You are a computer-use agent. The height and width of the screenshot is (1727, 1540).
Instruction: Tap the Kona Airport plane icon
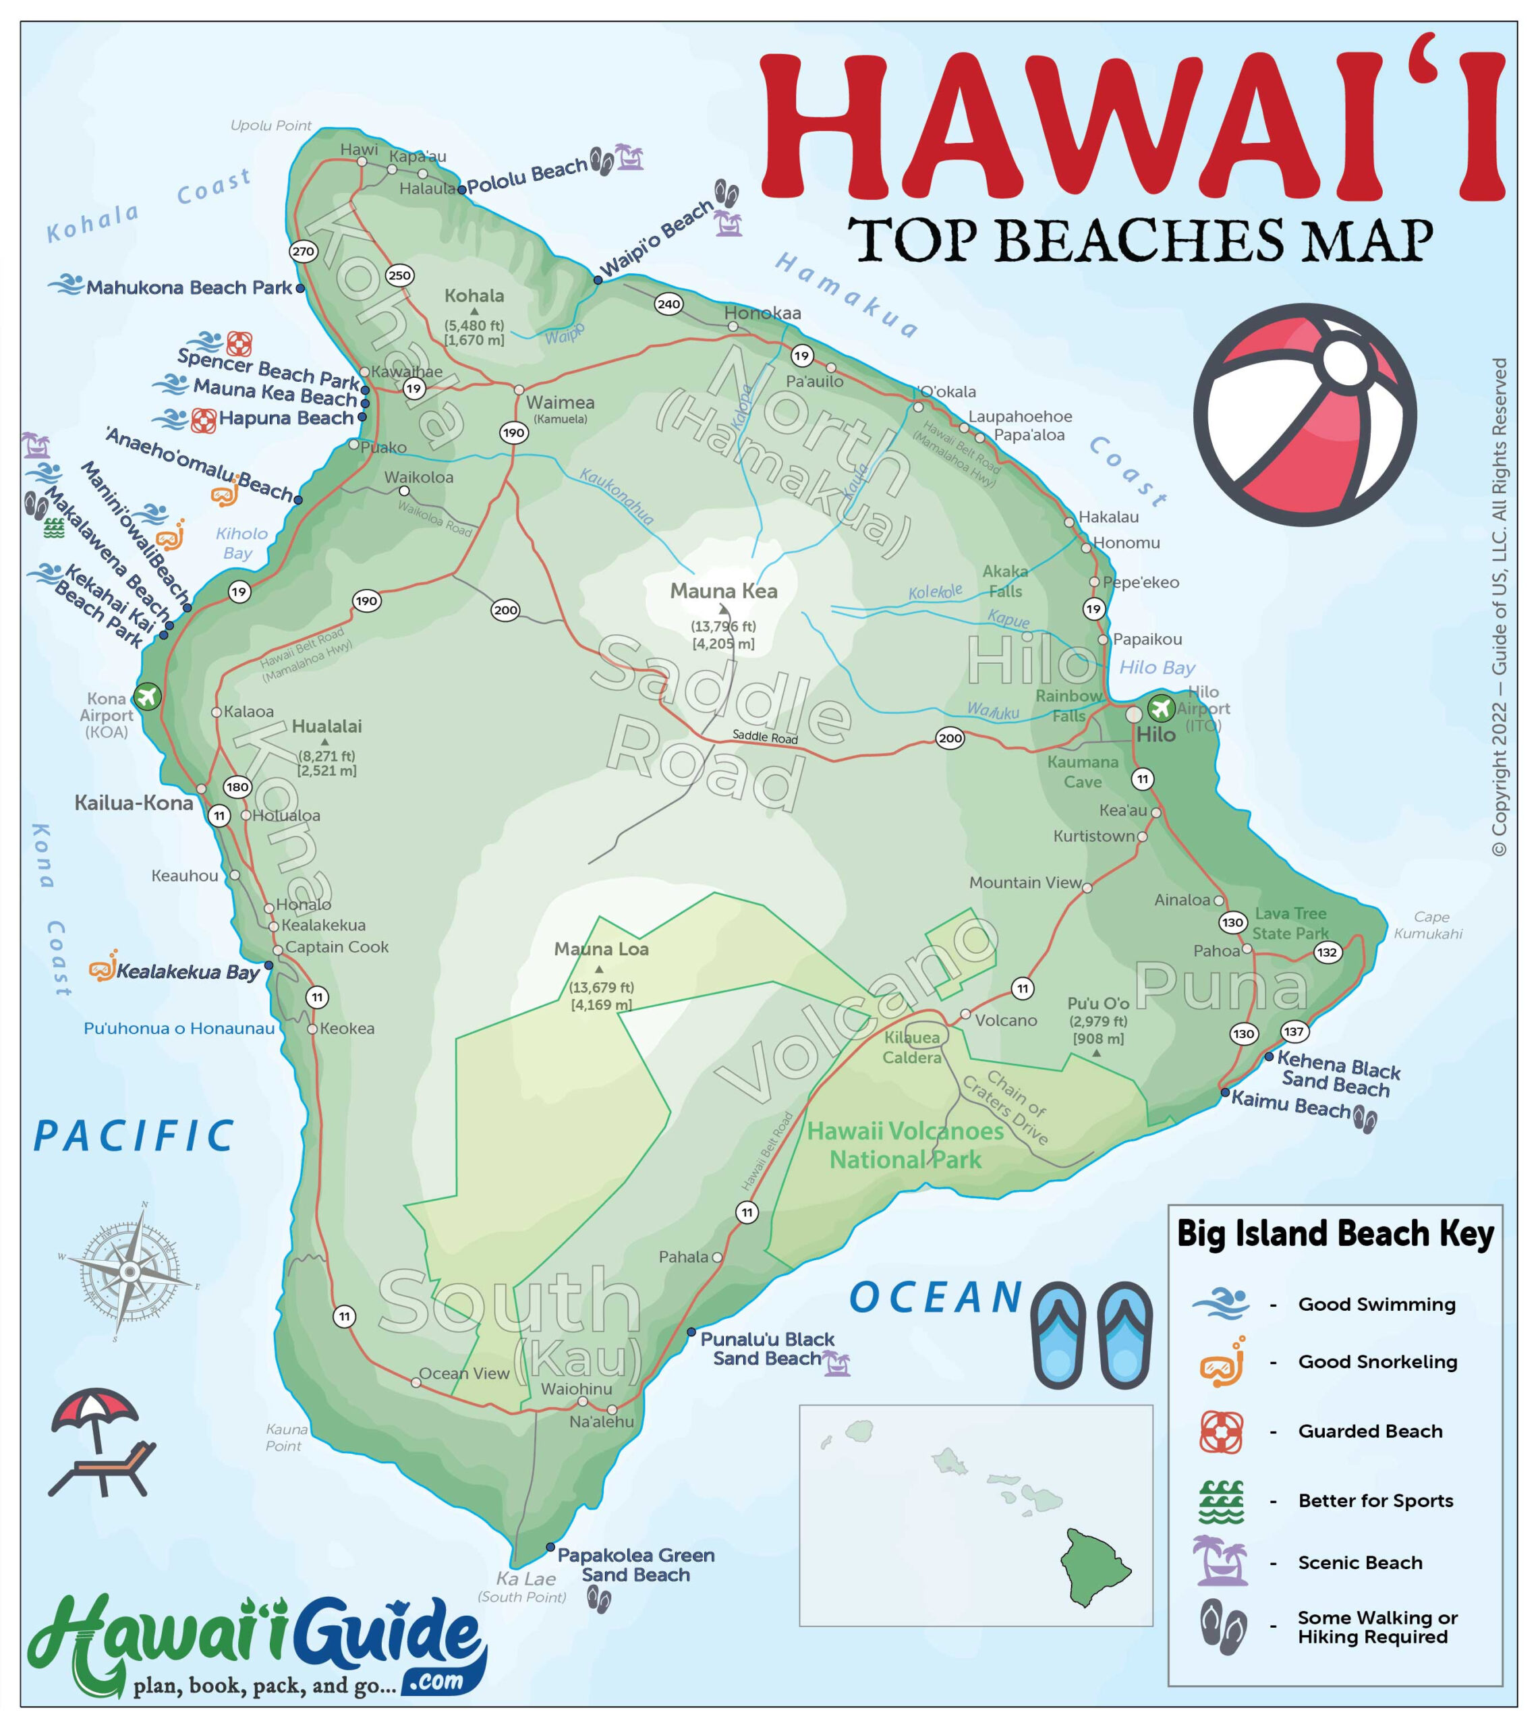pyautogui.click(x=147, y=696)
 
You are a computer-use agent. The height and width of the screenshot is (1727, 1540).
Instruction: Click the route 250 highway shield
pyautogui.click(x=399, y=275)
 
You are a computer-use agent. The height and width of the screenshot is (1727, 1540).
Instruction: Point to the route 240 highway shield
pyautogui.click(x=668, y=304)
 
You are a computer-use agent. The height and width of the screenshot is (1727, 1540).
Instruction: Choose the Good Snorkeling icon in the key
pyautogui.click(x=1222, y=1361)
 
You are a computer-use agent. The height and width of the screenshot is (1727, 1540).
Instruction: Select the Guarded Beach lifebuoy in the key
pyautogui.click(x=1221, y=1431)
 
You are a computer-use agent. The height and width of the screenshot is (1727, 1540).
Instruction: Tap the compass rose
pyautogui.click(x=130, y=1272)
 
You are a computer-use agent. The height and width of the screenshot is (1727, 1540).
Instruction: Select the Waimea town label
pyautogui.click(x=560, y=403)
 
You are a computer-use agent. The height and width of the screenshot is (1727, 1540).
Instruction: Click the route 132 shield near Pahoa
pyautogui.click(x=1327, y=952)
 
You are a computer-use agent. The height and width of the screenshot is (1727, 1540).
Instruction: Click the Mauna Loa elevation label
pyautogui.click(x=601, y=996)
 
